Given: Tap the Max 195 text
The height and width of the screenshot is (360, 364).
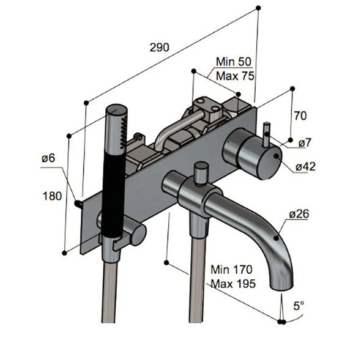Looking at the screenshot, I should [x=232, y=284].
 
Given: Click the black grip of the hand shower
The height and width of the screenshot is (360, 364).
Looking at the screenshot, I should [x=113, y=189].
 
